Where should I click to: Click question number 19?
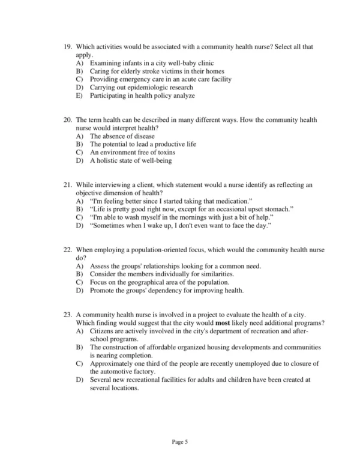(x=67, y=47)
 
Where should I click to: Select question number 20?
(x=67, y=121)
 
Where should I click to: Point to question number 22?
(x=67, y=249)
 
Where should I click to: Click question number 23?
(x=67, y=315)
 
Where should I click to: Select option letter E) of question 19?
(x=80, y=95)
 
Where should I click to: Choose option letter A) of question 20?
(x=80, y=136)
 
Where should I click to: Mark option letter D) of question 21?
(x=80, y=225)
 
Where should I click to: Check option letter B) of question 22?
(x=80, y=274)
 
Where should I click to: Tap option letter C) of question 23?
(x=80, y=363)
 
